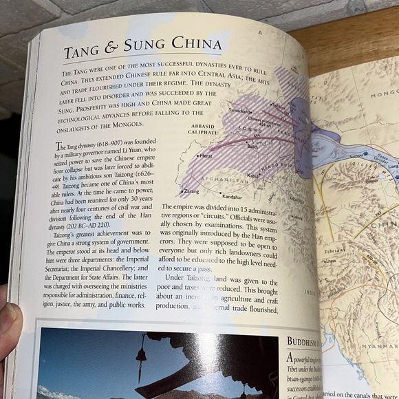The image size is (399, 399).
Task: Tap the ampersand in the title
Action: (x=120, y=50)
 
